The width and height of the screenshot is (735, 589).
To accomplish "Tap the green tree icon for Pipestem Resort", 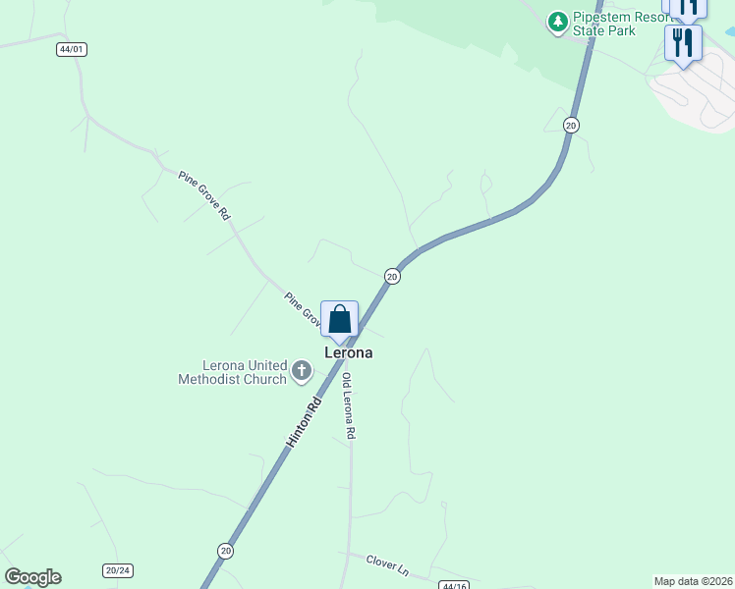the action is click(558, 20).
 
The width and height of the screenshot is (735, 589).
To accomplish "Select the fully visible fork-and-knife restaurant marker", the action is click(683, 43).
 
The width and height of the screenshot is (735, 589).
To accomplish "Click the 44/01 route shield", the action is click(72, 49).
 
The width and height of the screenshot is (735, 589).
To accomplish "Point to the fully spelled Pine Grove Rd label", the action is click(203, 194).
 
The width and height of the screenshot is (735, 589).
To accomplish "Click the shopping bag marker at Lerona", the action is click(339, 320).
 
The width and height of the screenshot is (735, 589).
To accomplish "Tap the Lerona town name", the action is click(349, 352).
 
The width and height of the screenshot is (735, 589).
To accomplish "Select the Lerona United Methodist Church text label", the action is click(232, 372).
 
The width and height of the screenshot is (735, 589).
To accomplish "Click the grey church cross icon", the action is click(302, 372).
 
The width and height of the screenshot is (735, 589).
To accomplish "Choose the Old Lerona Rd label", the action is click(348, 405).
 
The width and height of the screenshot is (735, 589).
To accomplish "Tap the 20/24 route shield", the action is click(117, 569).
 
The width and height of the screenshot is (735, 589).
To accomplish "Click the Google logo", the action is click(32, 577).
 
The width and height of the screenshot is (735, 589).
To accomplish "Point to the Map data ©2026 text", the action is click(693, 581).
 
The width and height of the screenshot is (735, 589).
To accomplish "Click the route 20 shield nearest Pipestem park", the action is click(571, 124).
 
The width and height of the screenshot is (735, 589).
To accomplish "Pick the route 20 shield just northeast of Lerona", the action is click(392, 277).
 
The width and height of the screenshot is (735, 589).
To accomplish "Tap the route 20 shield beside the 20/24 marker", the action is click(226, 551).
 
